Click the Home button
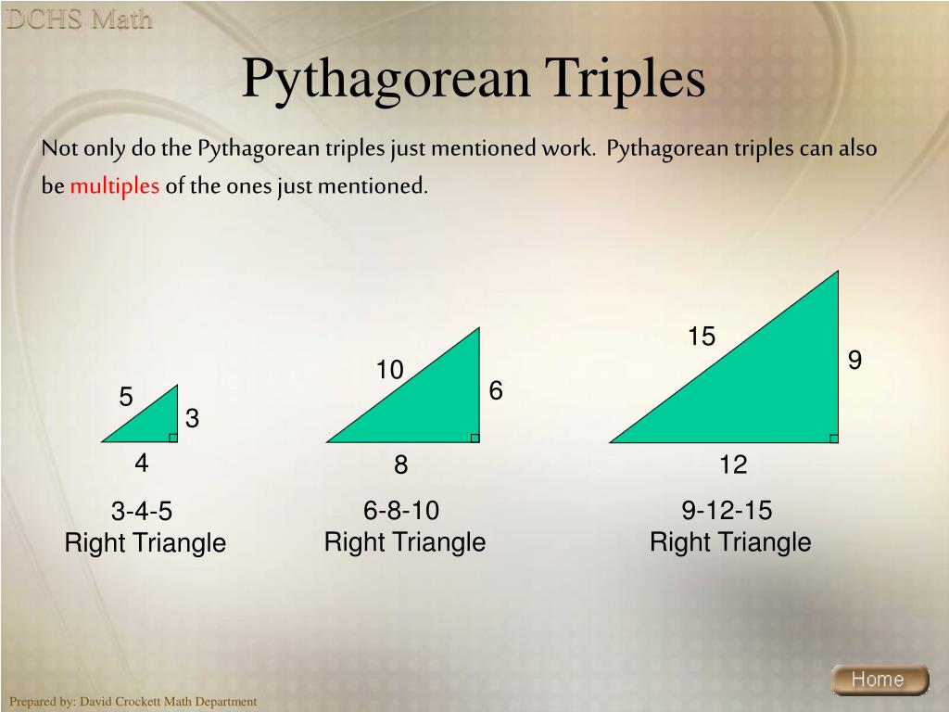pos(878,680)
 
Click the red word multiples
pos(115,185)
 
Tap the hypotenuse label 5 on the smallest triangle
pos(126,398)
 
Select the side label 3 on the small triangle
pos(192,420)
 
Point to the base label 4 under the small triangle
pos(142,462)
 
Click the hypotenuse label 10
pos(390,371)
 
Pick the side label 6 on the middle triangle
pos(496,391)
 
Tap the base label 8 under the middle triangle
pos(400,464)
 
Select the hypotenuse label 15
pos(702,337)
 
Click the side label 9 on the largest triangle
pos(854,360)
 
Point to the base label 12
pos(732,464)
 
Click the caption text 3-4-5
pos(142,512)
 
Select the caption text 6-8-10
pos(401,511)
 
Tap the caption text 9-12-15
pos(727,511)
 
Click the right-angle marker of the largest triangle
pos(834,439)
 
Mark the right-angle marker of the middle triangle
pos(475,439)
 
